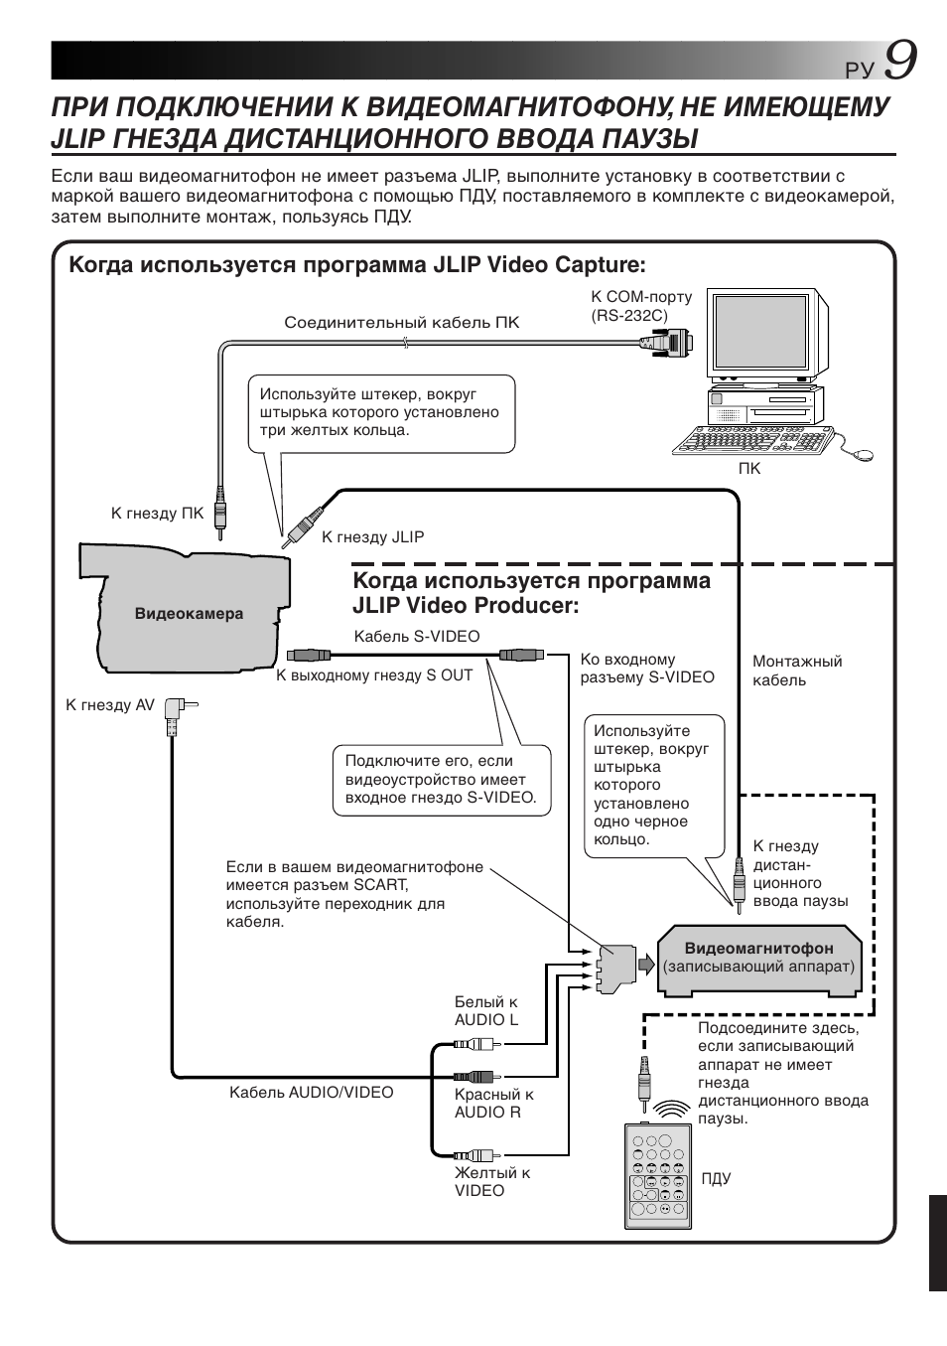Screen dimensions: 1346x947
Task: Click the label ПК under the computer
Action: click(x=749, y=469)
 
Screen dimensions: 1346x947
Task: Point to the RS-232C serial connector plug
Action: click(x=666, y=343)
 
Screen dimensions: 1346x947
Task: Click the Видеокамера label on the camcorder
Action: click(x=189, y=614)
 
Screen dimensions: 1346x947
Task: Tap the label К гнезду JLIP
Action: click(x=372, y=537)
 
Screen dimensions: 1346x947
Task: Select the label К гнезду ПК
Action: click(x=157, y=514)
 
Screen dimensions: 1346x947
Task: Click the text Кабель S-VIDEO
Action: click(x=417, y=637)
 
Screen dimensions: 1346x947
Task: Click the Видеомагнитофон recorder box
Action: click(x=758, y=959)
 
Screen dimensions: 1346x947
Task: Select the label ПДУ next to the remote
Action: click(x=716, y=1179)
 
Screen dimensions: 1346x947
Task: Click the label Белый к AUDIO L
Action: click(x=486, y=1011)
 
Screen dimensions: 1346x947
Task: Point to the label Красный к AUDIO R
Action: click(x=493, y=1103)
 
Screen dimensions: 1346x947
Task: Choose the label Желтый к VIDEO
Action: click(x=492, y=1182)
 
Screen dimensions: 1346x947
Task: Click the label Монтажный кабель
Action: click(x=796, y=671)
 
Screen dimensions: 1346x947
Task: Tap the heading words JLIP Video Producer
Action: click(x=466, y=606)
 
